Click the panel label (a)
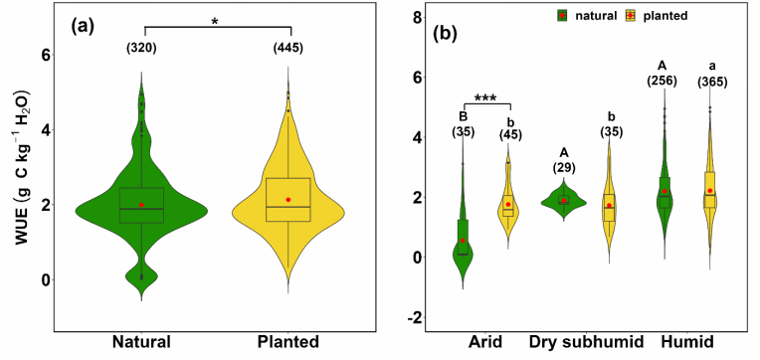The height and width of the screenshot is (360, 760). (x=82, y=26)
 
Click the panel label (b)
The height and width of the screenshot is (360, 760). (x=444, y=33)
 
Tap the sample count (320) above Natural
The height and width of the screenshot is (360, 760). (x=141, y=49)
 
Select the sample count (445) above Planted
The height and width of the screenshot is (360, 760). (x=287, y=49)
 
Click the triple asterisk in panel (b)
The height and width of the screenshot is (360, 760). (x=485, y=97)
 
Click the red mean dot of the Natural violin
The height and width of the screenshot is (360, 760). (x=141, y=205)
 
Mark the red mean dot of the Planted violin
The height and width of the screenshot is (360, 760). (x=288, y=200)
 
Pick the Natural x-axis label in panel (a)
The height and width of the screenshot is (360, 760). (x=141, y=341)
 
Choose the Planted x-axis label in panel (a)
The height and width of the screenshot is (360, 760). (x=287, y=341)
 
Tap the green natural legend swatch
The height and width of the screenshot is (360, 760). (x=562, y=16)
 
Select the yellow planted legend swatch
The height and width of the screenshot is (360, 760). (x=630, y=16)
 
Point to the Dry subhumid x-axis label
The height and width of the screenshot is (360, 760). (x=587, y=342)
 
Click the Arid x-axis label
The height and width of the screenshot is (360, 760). (x=485, y=341)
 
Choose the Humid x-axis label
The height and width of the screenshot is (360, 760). (x=686, y=341)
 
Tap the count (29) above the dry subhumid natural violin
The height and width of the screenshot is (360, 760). (x=564, y=168)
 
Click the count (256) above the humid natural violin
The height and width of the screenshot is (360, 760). (x=663, y=81)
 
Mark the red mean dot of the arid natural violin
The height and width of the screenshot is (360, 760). (x=463, y=241)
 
